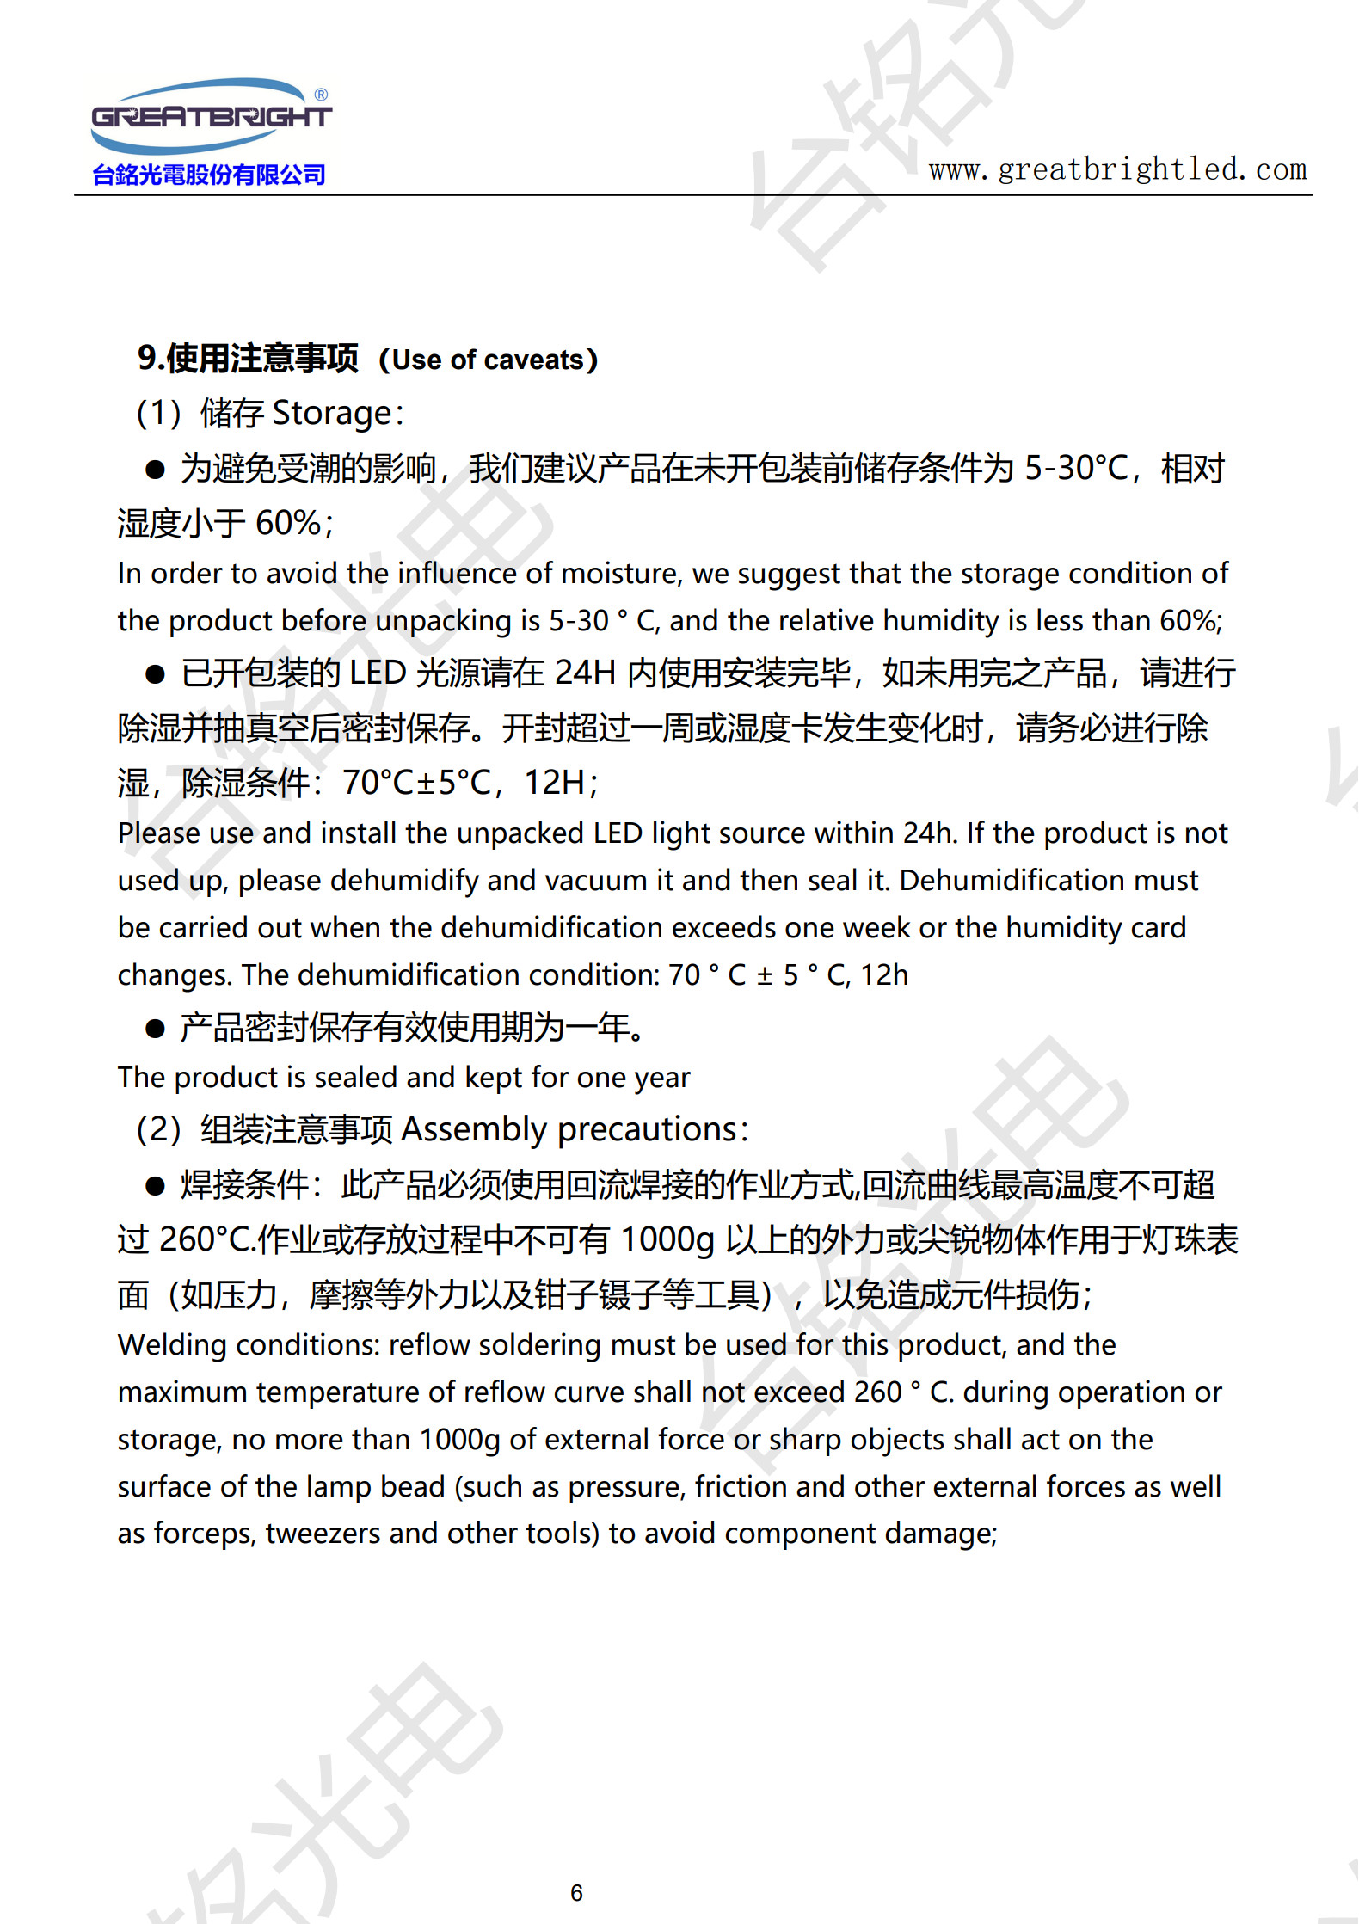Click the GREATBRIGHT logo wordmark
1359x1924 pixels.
point(211,116)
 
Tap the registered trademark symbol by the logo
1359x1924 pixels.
point(321,95)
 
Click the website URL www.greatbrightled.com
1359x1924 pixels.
point(1117,169)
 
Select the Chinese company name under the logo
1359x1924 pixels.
point(209,175)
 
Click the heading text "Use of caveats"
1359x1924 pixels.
point(488,360)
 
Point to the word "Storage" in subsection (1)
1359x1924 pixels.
point(332,414)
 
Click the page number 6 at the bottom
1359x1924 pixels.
point(576,1892)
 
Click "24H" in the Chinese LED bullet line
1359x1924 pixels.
point(585,673)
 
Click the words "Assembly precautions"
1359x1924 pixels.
point(569,1129)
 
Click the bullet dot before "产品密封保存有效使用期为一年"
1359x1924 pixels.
point(155,1029)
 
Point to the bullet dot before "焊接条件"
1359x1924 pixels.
point(155,1187)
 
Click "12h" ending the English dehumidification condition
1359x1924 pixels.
point(884,975)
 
